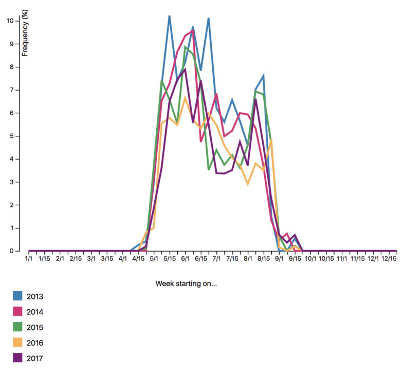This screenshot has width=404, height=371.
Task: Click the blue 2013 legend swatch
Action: [18, 296]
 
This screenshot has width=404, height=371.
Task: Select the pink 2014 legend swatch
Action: [18, 311]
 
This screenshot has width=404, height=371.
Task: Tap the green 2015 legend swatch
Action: [18, 327]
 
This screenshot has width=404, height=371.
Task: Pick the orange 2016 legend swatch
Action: [18, 343]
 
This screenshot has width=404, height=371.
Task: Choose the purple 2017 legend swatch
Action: [18, 358]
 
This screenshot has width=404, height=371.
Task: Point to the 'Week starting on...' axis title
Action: [186, 284]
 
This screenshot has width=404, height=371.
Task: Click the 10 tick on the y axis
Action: [10, 21]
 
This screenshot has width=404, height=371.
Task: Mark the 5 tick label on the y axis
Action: [11, 136]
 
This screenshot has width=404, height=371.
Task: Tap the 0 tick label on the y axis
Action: [11, 251]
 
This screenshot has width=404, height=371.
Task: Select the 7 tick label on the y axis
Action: [11, 90]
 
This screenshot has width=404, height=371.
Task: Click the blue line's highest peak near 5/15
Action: [169, 16]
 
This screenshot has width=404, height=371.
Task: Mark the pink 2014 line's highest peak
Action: [192, 31]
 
